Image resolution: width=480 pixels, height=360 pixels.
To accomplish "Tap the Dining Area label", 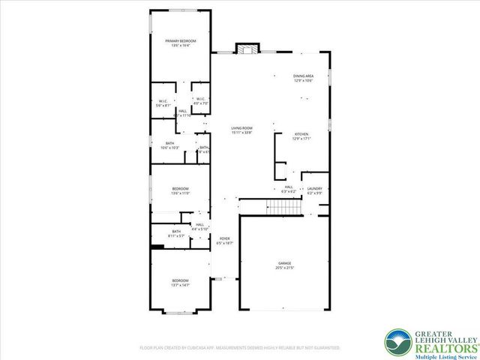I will (303, 76).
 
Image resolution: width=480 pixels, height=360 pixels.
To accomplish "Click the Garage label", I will (284, 263).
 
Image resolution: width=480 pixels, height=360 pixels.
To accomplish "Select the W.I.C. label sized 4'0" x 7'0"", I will (199, 102).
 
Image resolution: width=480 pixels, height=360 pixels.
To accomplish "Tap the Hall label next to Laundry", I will (288, 188).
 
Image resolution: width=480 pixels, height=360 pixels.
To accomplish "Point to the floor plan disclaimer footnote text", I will (240, 348).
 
